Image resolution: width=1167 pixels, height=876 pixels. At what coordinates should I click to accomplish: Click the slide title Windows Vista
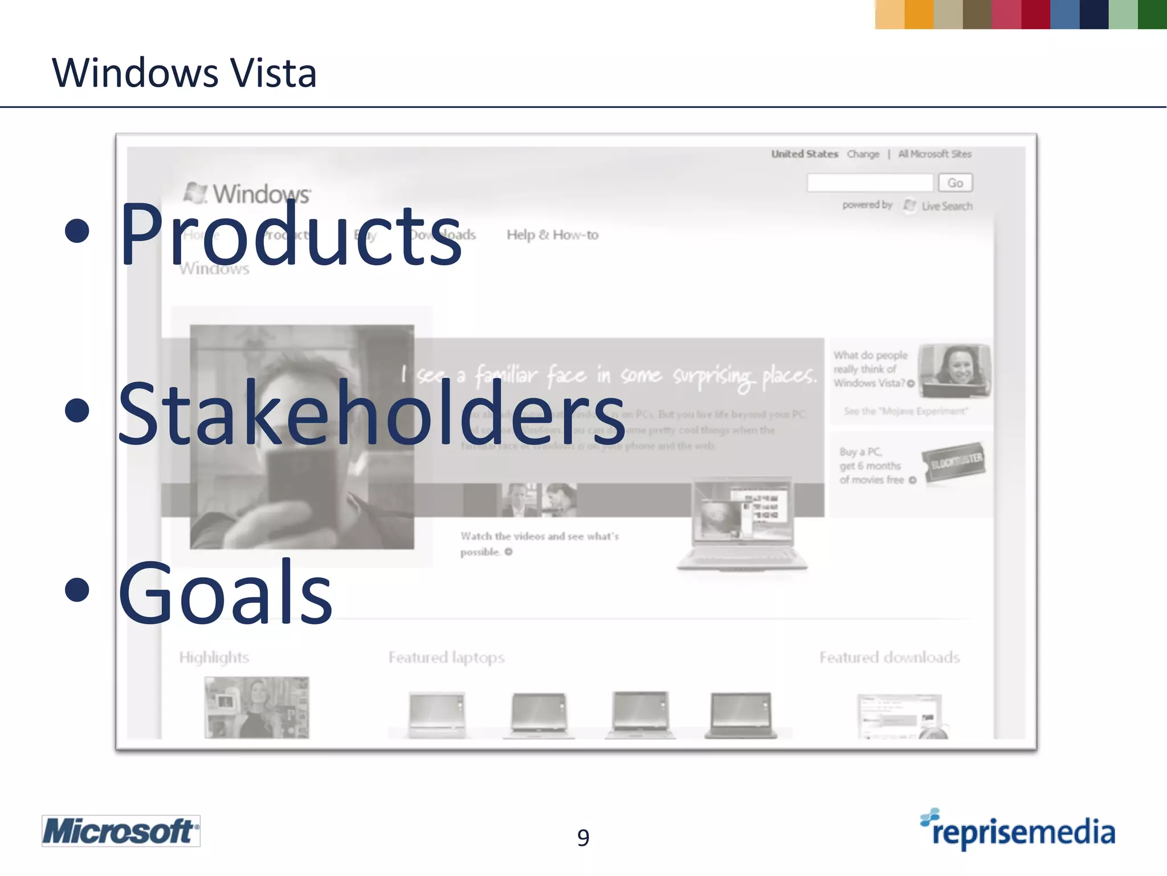coord(184,73)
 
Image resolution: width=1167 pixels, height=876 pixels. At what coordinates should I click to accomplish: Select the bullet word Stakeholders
coord(371,412)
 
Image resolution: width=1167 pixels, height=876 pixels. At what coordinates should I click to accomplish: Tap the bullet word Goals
coord(225,592)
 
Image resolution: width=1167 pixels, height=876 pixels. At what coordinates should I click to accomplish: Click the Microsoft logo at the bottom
coord(121,831)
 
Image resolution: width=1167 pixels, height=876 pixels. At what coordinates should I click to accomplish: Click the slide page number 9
coord(583,837)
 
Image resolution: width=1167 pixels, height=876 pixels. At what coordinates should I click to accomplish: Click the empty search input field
coord(870,183)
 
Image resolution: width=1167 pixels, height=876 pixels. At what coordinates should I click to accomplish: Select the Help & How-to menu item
coord(552,235)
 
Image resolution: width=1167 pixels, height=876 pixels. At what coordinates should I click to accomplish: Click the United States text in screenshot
coord(804,154)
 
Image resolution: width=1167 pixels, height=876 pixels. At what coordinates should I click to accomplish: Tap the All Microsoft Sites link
coord(935,154)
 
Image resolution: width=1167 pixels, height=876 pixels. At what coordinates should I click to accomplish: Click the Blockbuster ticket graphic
coord(954,463)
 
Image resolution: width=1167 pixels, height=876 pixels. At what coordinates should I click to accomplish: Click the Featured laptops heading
coord(446,658)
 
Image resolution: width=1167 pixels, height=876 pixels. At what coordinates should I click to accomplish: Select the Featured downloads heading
coord(889,658)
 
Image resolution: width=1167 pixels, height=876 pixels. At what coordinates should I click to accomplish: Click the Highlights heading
coord(214,658)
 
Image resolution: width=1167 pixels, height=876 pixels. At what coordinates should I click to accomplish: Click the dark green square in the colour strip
coord(1152,14)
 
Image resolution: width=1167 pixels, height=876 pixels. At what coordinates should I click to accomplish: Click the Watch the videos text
coord(539,537)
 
